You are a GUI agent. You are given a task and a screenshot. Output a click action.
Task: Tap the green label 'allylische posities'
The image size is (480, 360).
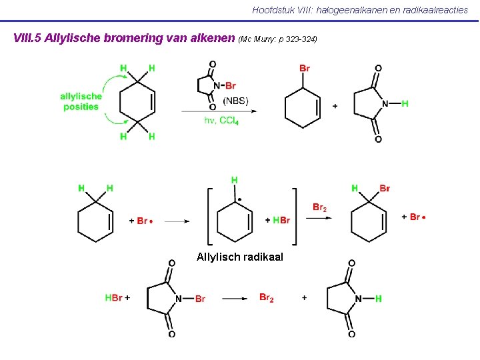pos(81,101)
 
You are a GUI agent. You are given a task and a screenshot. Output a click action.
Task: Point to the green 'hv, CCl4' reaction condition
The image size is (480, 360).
pos(221,121)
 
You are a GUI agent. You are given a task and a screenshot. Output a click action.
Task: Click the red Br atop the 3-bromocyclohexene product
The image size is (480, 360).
pos(305,68)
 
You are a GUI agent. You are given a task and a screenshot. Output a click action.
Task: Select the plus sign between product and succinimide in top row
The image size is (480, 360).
pos(335,105)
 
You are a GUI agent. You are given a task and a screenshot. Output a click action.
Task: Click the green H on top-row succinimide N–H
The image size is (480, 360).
pos(405,103)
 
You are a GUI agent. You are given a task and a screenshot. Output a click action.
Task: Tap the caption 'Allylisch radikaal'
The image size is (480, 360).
pos(240,257)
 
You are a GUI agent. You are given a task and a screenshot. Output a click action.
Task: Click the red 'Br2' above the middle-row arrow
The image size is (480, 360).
pos(320,207)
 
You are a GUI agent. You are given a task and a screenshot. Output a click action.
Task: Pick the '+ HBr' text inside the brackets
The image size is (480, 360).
pos(277,220)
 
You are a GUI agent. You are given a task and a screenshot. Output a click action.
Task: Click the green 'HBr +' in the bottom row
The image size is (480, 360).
pos(117,298)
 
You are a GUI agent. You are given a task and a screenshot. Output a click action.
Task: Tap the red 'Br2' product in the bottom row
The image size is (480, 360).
pos(267,297)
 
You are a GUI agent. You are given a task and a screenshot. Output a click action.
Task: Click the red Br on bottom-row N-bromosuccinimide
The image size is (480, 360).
pos(200,299)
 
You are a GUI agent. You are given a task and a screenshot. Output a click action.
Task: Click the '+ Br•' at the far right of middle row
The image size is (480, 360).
pos(414,217)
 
